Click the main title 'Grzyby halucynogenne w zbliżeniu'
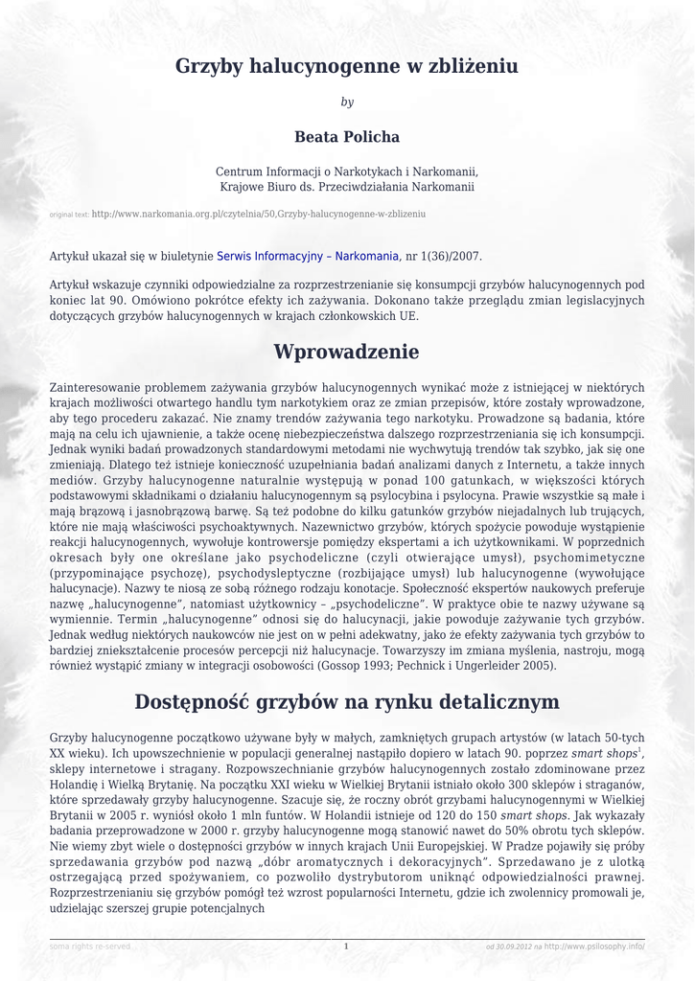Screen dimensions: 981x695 [x=346, y=66]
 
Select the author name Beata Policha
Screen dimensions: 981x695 [x=347, y=137]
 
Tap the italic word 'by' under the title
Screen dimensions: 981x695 [x=347, y=102]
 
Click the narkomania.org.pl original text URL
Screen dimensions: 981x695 [x=258, y=214]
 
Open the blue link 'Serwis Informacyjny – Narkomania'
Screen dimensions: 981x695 [x=308, y=257]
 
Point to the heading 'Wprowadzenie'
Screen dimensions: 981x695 [x=346, y=352]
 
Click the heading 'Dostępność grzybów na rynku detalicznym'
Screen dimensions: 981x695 [x=346, y=702]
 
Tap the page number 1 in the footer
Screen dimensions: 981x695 [x=346, y=947]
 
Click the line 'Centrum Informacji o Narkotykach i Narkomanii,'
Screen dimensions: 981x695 [x=347, y=171]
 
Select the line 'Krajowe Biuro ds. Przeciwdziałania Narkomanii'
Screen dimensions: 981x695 [x=347, y=186]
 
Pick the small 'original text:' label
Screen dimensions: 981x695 [x=69, y=215]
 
